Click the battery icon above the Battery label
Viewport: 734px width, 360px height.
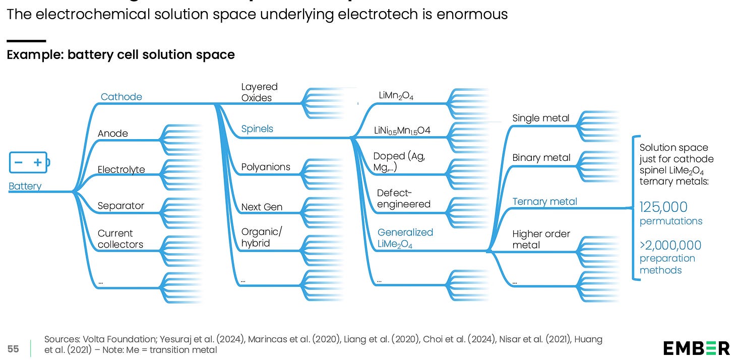[x=30, y=162]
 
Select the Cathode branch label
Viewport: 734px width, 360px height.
[x=121, y=97]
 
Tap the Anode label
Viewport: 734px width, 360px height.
[x=112, y=134]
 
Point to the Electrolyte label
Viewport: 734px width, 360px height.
[x=121, y=169]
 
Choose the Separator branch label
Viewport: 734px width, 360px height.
[x=120, y=206]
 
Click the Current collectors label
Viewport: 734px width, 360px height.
[x=120, y=239]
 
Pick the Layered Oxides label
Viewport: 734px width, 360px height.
[x=259, y=92]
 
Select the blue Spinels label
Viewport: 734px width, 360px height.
[x=257, y=129]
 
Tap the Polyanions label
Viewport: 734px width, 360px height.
[x=266, y=167]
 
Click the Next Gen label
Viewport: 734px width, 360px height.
[x=262, y=207]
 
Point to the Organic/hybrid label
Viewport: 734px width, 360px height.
[x=262, y=237]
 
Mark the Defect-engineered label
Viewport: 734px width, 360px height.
[x=403, y=199]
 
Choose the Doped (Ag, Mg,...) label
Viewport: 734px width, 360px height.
[x=399, y=162]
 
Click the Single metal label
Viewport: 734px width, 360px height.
[x=540, y=118]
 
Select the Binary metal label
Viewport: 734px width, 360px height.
[x=541, y=158]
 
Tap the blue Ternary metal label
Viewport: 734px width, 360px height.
[x=544, y=202]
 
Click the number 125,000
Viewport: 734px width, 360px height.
[x=663, y=207]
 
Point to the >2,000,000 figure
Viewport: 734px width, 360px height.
[x=670, y=246]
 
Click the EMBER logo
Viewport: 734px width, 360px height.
[x=696, y=348]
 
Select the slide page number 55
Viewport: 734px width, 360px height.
[x=13, y=348]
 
